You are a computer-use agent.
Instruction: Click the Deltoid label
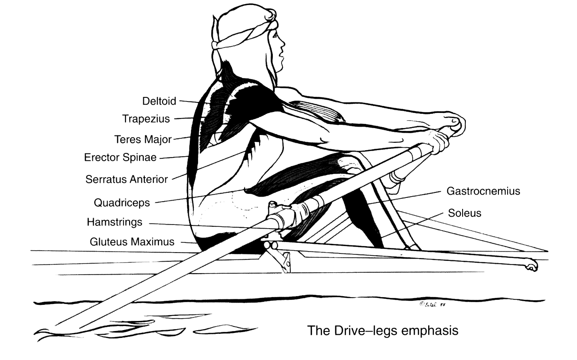(x=159, y=101)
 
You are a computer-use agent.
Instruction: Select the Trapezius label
(x=146, y=119)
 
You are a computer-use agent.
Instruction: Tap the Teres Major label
(x=143, y=139)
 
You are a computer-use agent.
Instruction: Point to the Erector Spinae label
(x=120, y=158)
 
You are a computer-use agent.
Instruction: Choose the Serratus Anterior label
(x=127, y=179)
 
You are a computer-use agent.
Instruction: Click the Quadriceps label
(x=124, y=202)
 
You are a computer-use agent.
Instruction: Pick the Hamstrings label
(x=114, y=222)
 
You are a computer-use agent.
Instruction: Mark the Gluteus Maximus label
(x=132, y=242)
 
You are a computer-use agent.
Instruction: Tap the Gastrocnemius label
(x=483, y=191)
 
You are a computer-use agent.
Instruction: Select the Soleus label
(x=464, y=213)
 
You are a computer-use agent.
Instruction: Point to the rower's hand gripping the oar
(x=436, y=140)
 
